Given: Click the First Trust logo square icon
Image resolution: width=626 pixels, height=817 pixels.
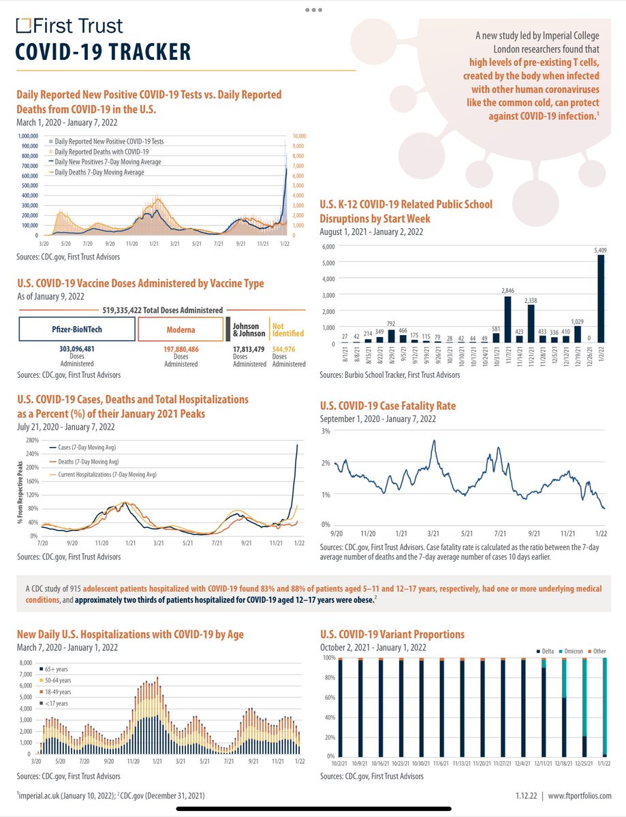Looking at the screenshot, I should click(23, 26).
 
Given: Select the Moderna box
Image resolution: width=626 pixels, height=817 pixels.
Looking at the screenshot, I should click(180, 328).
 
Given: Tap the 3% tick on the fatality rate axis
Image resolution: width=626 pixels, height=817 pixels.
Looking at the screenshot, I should click(326, 431).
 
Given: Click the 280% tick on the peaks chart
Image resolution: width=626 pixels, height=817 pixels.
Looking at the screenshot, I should click(31, 441).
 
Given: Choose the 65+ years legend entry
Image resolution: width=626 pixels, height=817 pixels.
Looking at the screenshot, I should click(57, 670).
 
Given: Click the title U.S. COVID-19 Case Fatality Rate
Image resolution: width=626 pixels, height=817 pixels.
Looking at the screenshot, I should click(388, 406).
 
